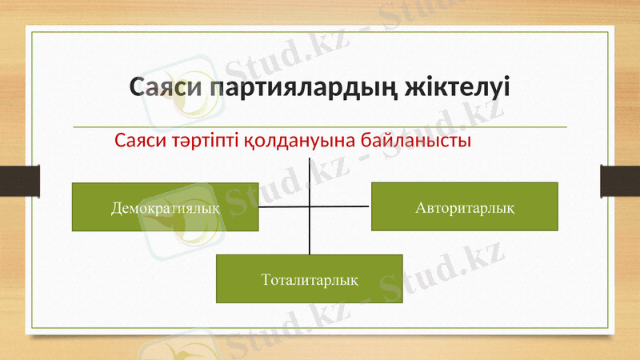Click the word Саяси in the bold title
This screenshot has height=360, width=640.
(x=166, y=87)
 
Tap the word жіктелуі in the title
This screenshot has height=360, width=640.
(x=458, y=87)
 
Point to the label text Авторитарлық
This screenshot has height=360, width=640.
(x=465, y=207)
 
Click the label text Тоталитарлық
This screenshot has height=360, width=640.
(x=310, y=280)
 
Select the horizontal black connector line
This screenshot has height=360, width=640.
(x=344, y=206)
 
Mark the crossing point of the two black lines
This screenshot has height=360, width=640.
(x=309, y=206)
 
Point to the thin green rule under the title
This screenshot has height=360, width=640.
(x=320, y=127)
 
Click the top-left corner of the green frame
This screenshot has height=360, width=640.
(x=30, y=30)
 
